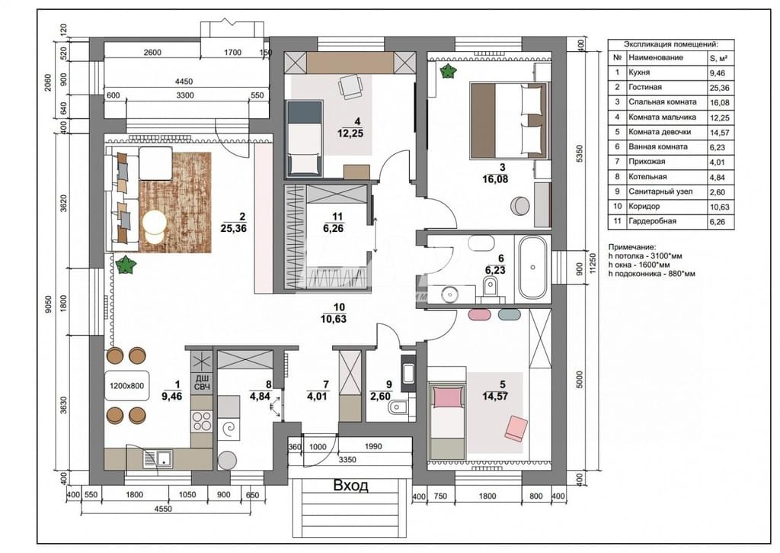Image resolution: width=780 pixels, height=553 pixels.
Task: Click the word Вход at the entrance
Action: (350, 485)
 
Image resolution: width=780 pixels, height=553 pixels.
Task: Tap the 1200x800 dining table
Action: (127, 386)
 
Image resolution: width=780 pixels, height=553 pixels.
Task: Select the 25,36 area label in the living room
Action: (233, 229)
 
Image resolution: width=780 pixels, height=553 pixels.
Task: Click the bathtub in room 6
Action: (532, 268)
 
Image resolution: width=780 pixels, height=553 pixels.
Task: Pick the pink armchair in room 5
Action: (516, 429)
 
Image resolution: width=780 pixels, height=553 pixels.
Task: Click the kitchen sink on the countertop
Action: (158, 458)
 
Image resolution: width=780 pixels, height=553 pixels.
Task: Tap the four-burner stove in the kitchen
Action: (201, 422)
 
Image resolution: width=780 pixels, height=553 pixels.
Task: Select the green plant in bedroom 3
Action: (449, 71)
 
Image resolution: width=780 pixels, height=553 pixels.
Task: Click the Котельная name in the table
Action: (647, 176)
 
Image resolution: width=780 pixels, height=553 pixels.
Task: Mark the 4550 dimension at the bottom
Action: (163, 510)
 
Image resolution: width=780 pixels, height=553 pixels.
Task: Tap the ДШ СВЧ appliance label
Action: (201, 382)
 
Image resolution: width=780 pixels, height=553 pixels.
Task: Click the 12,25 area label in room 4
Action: (350, 133)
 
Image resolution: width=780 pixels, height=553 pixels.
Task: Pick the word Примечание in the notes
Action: (631, 247)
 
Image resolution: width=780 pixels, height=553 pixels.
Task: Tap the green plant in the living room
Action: (126, 265)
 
